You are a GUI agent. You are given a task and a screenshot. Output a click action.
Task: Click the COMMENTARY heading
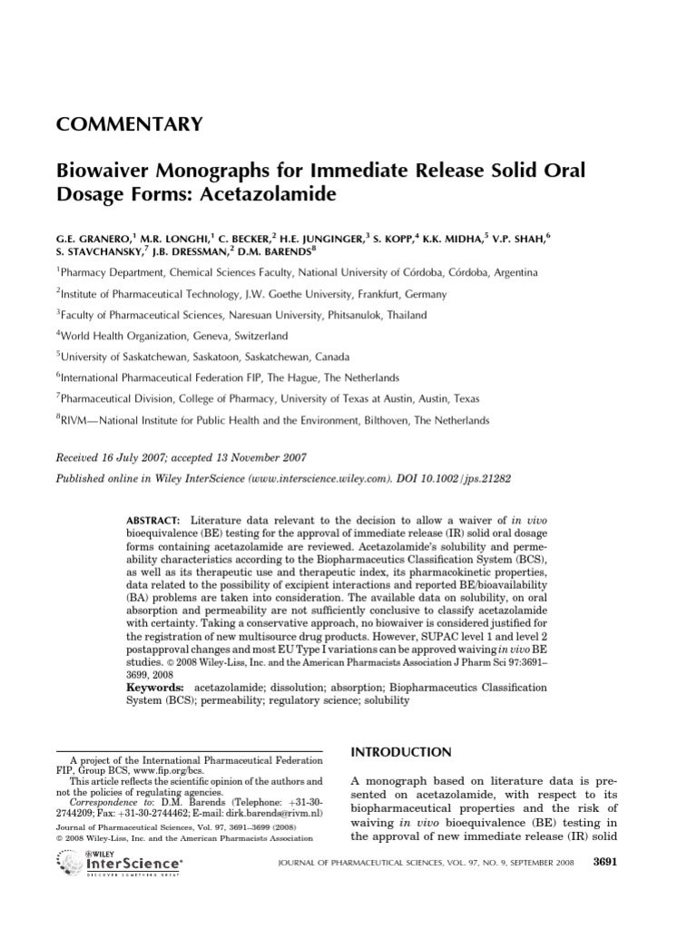[130, 124]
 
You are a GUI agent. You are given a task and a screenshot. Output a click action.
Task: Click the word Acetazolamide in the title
[260, 194]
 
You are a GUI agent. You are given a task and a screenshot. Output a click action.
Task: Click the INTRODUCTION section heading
[400, 752]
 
